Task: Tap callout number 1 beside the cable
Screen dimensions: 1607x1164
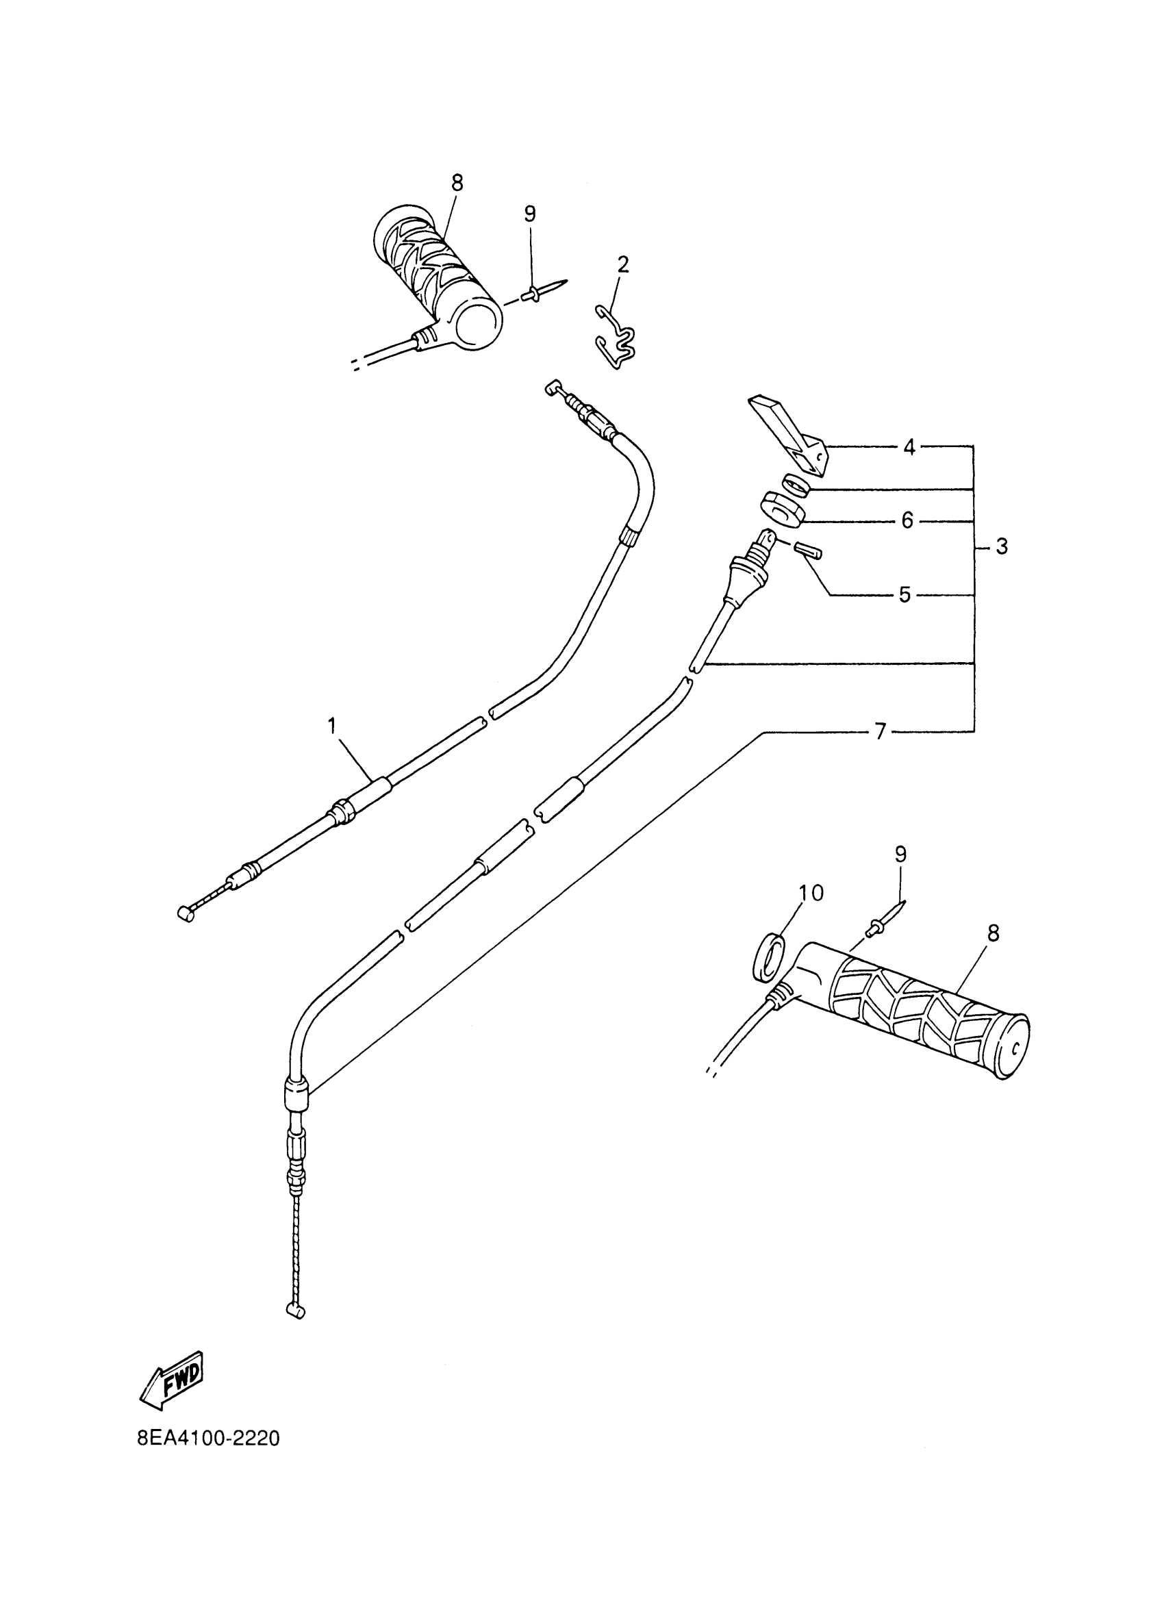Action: [x=331, y=726]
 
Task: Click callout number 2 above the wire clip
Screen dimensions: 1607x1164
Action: [x=622, y=264]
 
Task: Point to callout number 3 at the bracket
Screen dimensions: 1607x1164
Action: [x=1001, y=546]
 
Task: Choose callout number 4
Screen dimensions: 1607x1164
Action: [x=909, y=447]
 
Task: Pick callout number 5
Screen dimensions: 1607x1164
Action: [x=904, y=594]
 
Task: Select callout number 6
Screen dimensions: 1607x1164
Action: [x=907, y=522]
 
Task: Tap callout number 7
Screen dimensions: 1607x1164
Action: [x=881, y=732]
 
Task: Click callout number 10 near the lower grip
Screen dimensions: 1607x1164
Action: [x=812, y=894]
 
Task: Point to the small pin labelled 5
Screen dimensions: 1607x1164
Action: [x=809, y=550]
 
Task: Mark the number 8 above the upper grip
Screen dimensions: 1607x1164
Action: [x=457, y=183]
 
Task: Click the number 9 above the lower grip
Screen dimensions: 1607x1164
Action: [x=900, y=855]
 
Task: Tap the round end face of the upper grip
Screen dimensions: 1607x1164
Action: [x=478, y=323]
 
